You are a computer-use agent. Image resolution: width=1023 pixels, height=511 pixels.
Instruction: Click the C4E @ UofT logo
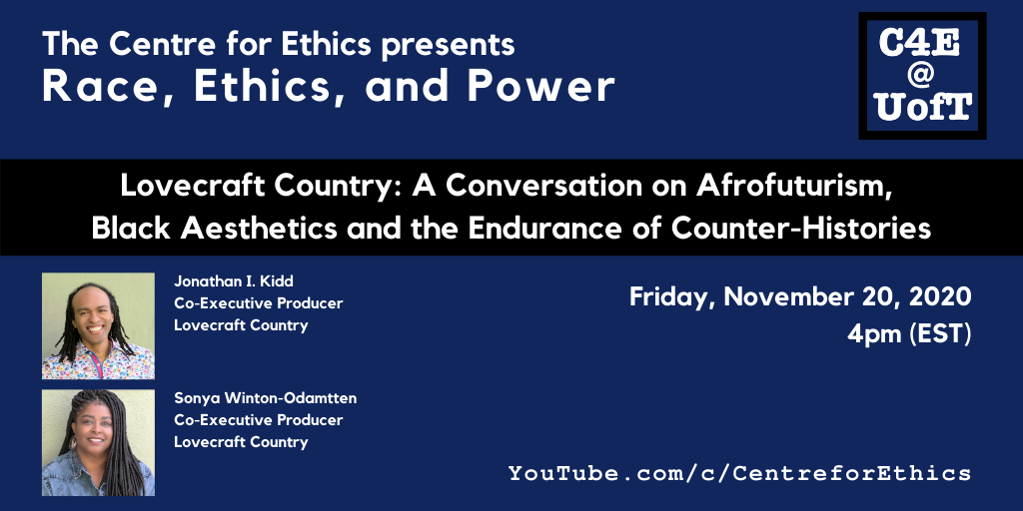click(x=922, y=76)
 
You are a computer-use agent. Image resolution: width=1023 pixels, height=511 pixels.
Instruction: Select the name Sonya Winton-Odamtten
click(x=266, y=397)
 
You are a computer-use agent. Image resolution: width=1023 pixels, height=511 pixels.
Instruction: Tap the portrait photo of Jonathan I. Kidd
click(x=99, y=326)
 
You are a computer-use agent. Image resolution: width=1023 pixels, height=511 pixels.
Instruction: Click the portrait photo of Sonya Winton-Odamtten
click(x=99, y=442)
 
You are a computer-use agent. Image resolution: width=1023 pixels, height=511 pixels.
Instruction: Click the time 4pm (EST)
click(x=909, y=334)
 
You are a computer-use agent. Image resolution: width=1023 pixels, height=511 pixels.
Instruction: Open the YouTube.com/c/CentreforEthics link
click(x=740, y=472)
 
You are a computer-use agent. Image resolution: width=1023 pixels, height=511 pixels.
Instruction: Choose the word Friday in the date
click(x=672, y=297)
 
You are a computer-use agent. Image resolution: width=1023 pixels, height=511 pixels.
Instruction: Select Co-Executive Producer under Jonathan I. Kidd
click(x=259, y=303)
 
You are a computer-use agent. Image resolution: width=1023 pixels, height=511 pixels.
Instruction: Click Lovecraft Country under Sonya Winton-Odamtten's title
click(x=241, y=442)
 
